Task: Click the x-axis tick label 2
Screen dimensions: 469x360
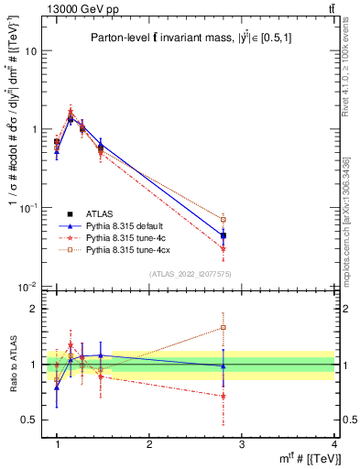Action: [148, 444]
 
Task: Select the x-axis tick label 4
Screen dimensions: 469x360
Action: [334, 444]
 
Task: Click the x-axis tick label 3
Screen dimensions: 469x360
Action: [241, 444]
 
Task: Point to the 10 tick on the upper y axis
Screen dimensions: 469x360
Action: [30, 51]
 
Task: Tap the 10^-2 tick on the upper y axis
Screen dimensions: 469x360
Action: [27, 286]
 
